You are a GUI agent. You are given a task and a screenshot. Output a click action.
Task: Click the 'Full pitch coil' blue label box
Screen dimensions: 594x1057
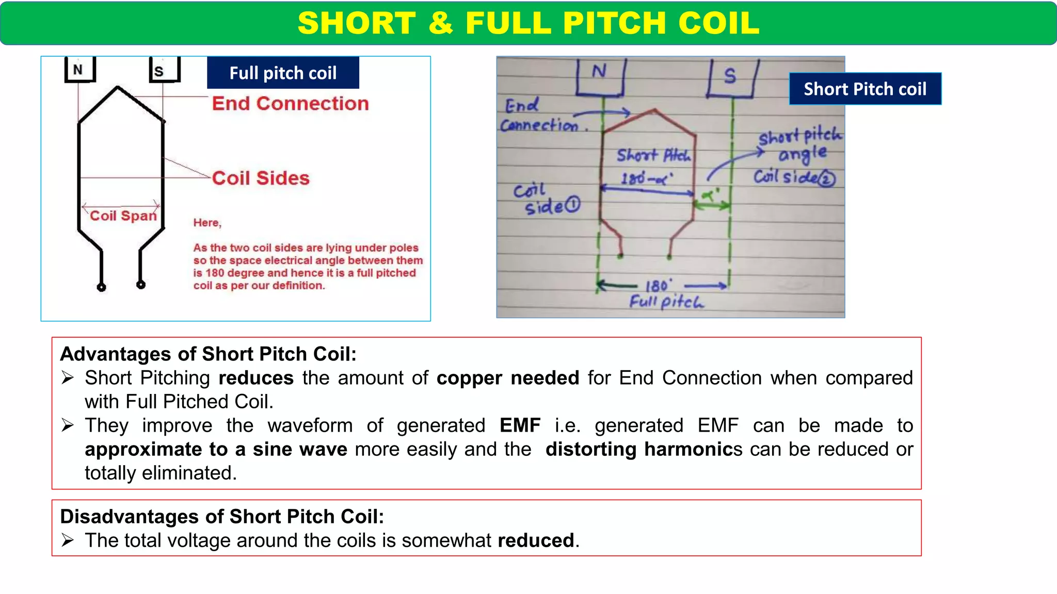tap(283, 73)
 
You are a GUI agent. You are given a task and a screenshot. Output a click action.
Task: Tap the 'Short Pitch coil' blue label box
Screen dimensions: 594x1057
tap(865, 89)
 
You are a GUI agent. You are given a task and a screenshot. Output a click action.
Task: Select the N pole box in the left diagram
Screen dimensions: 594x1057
tap(79, 70)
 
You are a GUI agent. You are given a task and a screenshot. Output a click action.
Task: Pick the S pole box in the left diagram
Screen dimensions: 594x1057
tap(164, 70)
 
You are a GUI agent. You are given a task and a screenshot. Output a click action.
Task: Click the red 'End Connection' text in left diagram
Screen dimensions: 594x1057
tap(290, 104)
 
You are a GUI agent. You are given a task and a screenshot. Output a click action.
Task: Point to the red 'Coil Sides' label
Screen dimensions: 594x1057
tap(261, 178)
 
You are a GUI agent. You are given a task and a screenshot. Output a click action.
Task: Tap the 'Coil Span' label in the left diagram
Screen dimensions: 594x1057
tap(123, 216)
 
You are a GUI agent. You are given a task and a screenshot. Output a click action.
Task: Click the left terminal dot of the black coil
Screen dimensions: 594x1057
tap(102, 287)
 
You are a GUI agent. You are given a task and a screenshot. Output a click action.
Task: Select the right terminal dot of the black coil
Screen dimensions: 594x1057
tap(141, 285)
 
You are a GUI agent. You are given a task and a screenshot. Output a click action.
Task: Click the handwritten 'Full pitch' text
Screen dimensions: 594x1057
tap(666, 302)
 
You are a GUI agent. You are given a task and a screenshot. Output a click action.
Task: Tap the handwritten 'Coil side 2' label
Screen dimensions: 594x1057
tap(794, 178)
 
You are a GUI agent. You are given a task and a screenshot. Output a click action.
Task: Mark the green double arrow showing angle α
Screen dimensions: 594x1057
tap(712, 205)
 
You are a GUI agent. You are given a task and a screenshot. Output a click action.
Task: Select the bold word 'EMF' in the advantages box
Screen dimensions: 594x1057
tap(520, 425)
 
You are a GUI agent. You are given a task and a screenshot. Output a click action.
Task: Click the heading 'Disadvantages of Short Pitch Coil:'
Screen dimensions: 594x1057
tap(222, 516)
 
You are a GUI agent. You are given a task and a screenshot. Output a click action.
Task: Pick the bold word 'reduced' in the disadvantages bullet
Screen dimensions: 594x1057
tap(536, 540)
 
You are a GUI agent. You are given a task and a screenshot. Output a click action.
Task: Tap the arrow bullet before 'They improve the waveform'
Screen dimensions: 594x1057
tap(68, 425)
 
